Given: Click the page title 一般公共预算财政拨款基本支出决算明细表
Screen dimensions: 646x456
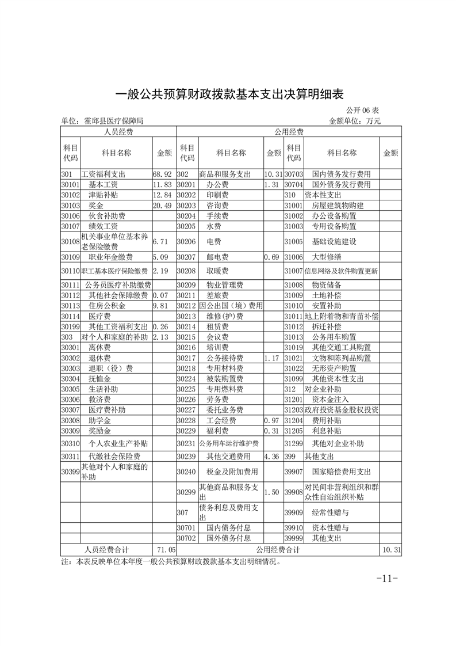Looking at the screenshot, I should [x=229, y=94].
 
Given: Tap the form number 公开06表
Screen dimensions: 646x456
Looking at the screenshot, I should [x=362, y=110].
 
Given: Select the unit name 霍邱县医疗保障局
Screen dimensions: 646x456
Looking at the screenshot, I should [x=113, y=121].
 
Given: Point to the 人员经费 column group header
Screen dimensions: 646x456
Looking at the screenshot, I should [x=118, y=132].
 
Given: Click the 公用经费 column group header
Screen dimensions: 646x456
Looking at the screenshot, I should [x=289, y=132].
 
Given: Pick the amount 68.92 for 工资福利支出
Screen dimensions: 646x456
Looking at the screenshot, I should [x=162, y=174].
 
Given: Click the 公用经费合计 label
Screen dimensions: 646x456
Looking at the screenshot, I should [x=278, y=550].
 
